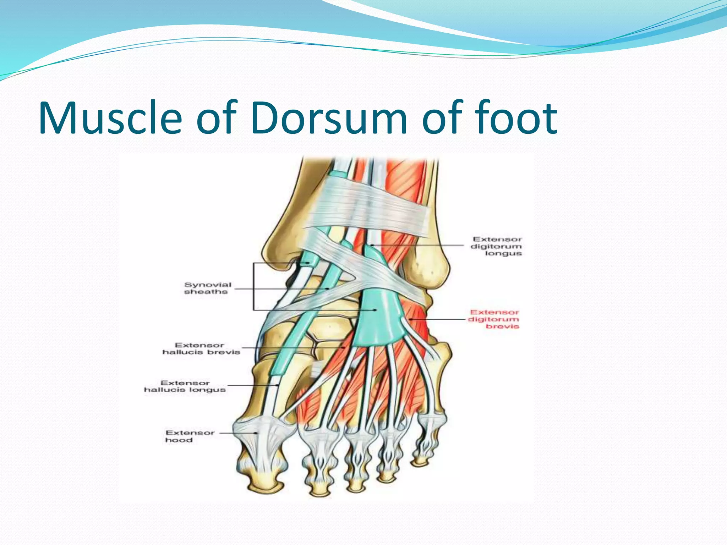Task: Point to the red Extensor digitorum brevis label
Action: [494, 319]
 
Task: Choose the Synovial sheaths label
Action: [207, 288]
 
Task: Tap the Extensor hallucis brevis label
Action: [201, 348]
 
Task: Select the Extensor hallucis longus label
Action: [185, 386]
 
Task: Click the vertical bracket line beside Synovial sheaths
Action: [253, 287]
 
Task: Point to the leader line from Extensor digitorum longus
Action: [419, 245]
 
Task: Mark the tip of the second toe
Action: [318, 491]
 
